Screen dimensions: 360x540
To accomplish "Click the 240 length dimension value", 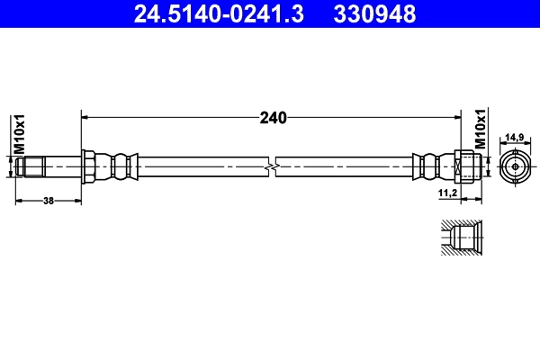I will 274,117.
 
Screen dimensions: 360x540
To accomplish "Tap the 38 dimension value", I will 49,200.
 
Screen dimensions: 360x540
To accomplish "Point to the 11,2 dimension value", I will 447,193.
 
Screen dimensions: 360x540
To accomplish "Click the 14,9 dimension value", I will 514,136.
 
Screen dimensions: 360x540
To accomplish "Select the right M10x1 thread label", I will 481,129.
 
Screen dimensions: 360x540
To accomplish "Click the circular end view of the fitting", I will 514,166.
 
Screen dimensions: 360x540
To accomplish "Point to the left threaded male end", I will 31,166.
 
